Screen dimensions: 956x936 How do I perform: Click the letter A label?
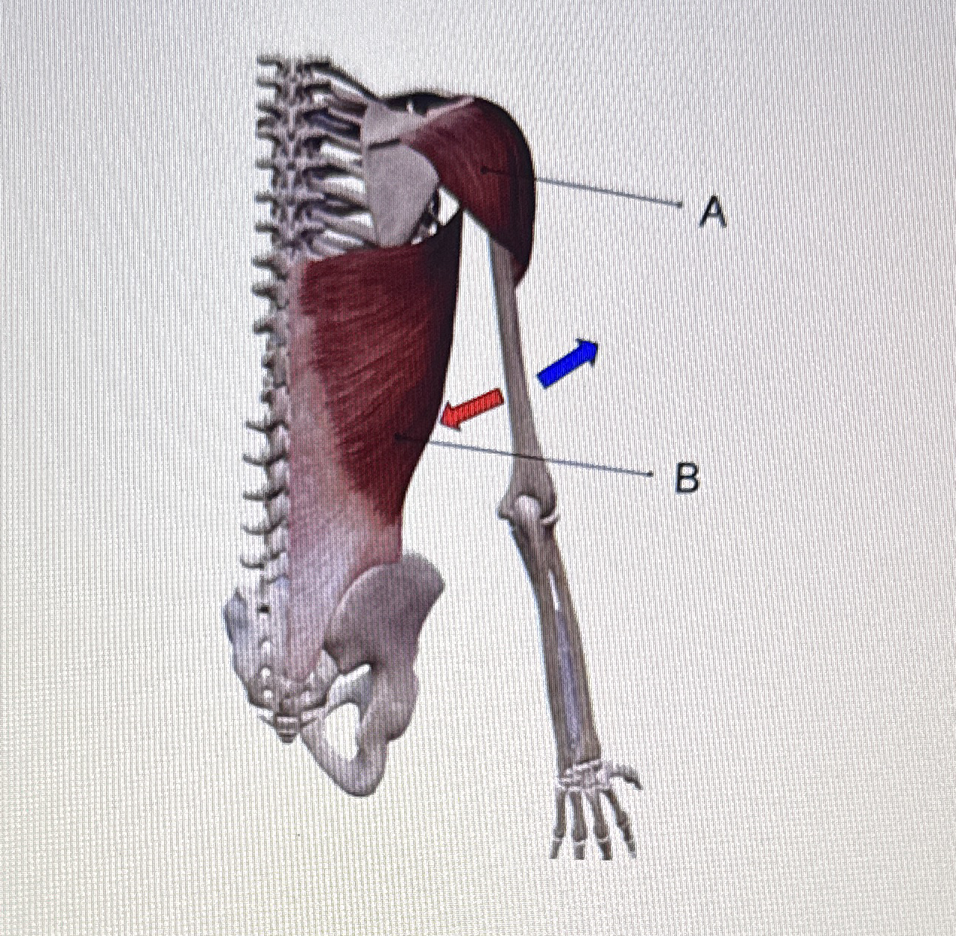coord(713,212)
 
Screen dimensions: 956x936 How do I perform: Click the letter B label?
coord(687,478)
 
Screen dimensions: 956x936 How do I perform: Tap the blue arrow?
coord(567,363)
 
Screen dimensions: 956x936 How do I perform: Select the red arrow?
coord(471,408)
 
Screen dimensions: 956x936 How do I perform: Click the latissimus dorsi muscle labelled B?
coord(373,373)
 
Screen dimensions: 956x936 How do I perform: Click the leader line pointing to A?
coord(604,190)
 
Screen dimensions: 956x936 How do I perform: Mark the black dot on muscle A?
coord(485,170)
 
